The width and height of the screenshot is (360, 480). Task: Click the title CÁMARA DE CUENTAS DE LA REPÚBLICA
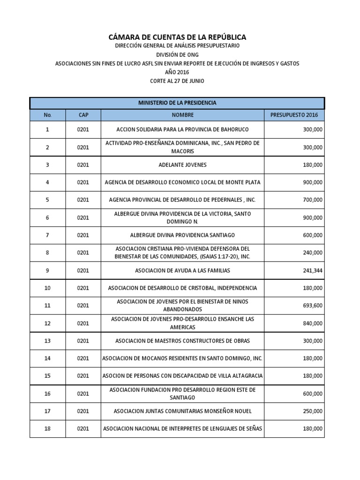tap(177, 37)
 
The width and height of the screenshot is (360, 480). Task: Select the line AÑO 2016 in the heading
tap(177, 72)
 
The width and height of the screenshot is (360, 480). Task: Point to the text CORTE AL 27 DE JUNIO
tap(177, 81)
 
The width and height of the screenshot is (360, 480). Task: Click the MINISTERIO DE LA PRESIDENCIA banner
tap(177, 103)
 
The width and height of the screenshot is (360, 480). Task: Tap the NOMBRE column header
tap(182, 115)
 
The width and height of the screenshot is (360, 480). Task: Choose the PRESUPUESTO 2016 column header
tap(294, 115)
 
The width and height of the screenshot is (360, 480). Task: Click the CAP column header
tap(82, 115)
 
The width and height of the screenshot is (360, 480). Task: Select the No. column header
tap(47, 115)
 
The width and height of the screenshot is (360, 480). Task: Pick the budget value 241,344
tap(312, 270)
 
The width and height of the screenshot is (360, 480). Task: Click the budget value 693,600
tap(312, 306)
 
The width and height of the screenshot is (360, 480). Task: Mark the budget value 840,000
tap(312, 323)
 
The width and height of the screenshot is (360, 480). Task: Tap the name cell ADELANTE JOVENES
tap(182, 165)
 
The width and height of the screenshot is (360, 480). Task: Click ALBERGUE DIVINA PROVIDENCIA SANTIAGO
tap(182, 235)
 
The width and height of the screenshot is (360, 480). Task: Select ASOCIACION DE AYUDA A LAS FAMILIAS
tap(182, 270)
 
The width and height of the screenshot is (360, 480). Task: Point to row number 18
tap(47, 428)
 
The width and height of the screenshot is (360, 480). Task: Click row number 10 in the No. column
tap(47, 288)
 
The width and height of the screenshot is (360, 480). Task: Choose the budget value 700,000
tap(312, 200)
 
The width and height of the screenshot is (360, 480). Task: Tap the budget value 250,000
tap(312, 411)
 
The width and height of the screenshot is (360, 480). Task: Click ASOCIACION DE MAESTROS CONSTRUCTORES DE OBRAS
tap(182, 341)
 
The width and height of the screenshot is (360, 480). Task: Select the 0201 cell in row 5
tap(82, 200)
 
